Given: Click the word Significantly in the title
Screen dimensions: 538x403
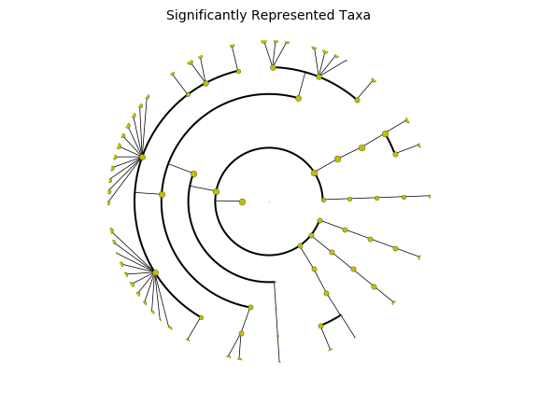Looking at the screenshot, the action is tap(206, 16).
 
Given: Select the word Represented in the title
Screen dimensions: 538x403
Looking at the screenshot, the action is tap(292, 16).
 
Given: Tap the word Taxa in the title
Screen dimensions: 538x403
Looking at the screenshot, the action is tap(355, 16).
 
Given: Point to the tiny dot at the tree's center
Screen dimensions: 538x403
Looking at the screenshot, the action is tap(269, 201).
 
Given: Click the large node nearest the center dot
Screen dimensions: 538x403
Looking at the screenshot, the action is tap(242, 201).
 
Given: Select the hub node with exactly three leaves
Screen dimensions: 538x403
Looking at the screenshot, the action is tap(273, 68).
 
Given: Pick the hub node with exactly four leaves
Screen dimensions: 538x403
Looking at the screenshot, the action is tap(319, 76).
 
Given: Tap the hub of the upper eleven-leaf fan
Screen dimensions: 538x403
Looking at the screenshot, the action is tap(142, 158).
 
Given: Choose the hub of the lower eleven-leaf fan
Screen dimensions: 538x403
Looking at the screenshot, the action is tap(155, 272).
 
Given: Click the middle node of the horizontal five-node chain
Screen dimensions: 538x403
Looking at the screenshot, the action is tap(376, 198).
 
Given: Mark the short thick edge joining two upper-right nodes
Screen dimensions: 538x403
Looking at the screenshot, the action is tap(390, 145).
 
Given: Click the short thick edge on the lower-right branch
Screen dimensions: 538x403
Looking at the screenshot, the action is tap(331, 321).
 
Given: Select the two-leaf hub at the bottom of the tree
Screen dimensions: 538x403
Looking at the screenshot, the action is tap(242, 333).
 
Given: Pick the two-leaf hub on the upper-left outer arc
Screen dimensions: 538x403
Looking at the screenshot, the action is tap(205, 83).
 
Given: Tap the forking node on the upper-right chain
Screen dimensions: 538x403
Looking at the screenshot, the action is tap(386, 133).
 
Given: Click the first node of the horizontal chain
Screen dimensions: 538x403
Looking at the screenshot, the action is tap(323, 200).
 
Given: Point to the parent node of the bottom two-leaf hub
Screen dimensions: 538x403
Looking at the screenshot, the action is tap(251, 308).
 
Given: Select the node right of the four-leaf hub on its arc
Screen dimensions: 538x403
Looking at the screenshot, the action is tap(357, 100).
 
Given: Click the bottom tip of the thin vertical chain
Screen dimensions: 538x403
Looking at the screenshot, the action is tap(279, 362).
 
